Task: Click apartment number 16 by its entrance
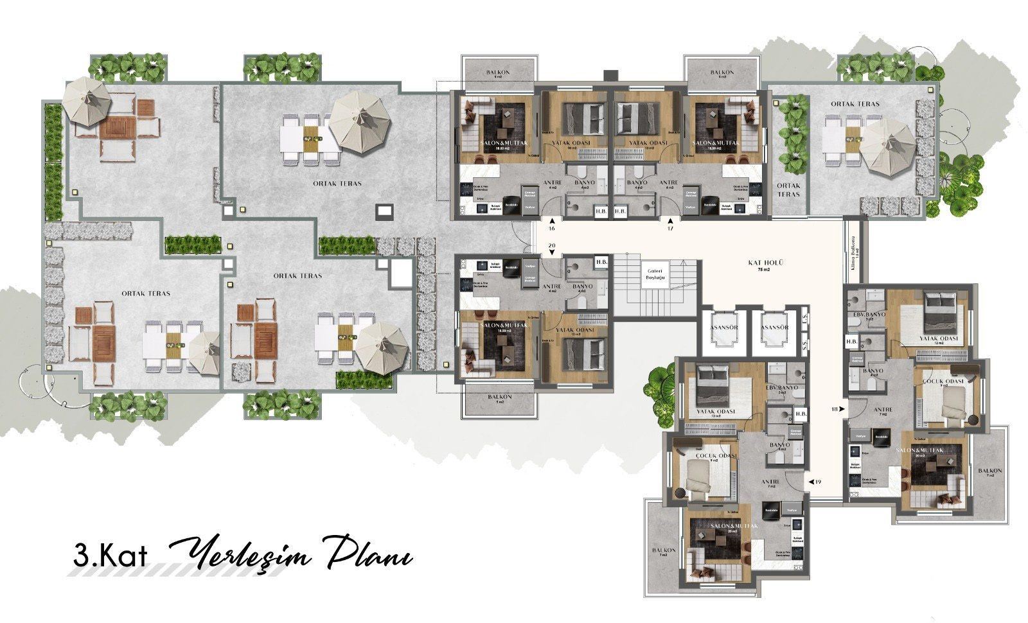[551, 228]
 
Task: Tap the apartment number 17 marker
[670, 228]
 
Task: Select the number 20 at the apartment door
[551, 246]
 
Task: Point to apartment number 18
[835, 408]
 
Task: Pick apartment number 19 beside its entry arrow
[818, 481]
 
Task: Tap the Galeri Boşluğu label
[655, 274]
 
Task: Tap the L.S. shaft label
[805, 319]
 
